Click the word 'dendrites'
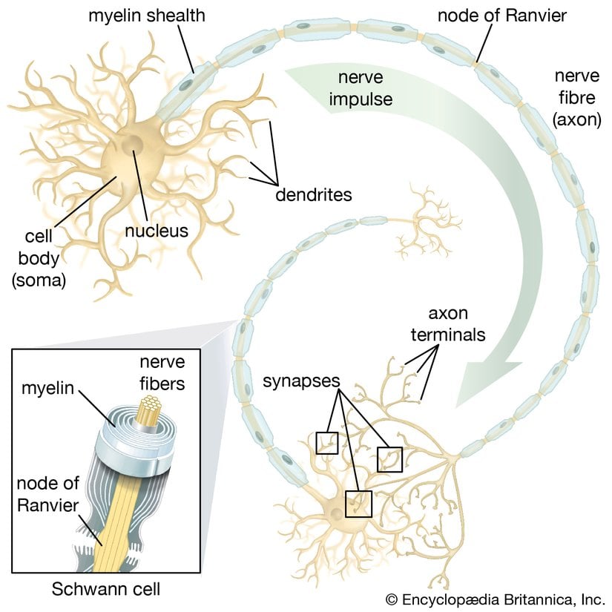312,196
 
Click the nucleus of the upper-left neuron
134,145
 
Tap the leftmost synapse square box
326,443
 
